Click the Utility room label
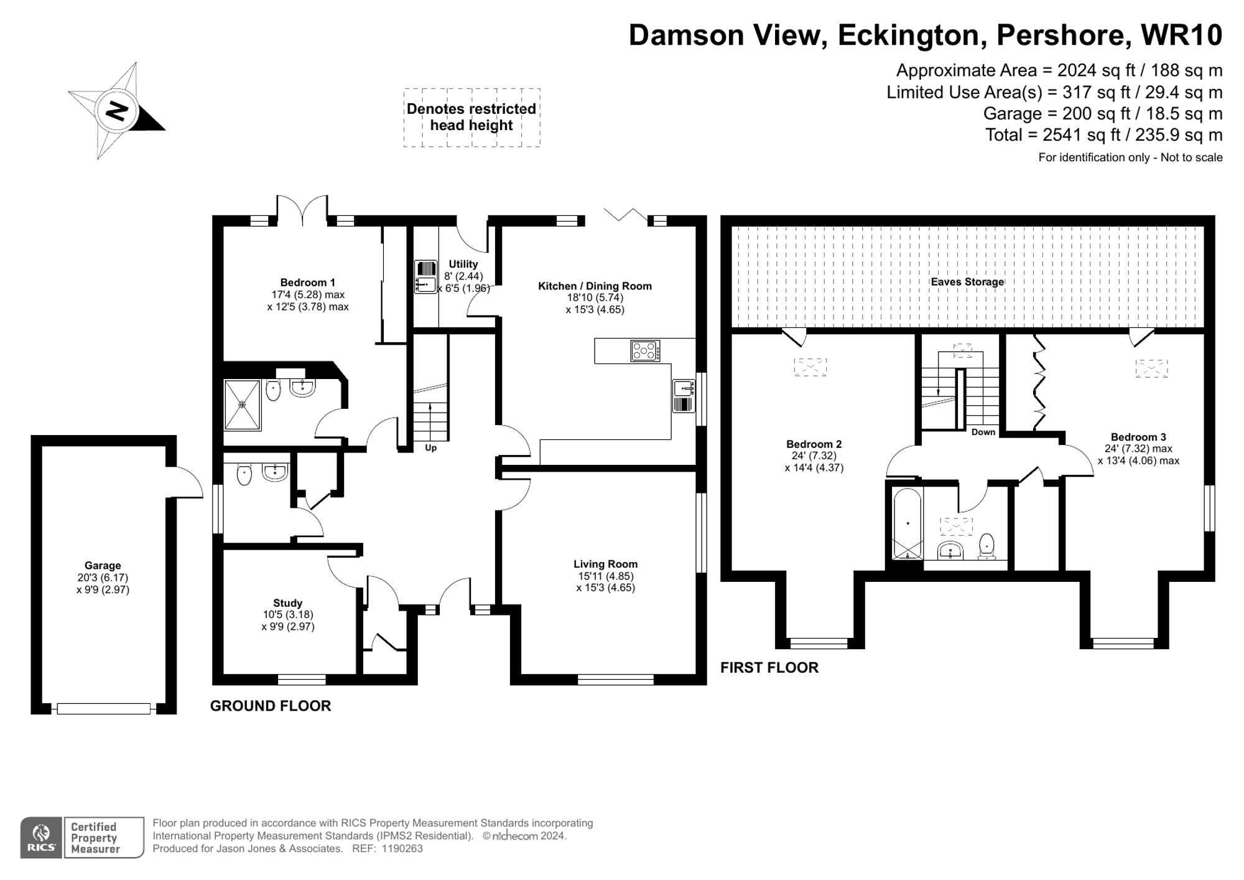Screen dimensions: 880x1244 (x=463, y=264)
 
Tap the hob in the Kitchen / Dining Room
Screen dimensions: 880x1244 (x=645, y=351)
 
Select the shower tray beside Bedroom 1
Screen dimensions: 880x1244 (x=243, y=405)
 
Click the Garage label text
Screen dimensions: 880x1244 (x=103, y=566)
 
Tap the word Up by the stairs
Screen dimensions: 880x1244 (x=430, y=447)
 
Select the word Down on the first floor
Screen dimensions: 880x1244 (x=983, y=432)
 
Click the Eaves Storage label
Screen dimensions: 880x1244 (x=967, y=282)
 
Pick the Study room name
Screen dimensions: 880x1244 (x=287, y=603)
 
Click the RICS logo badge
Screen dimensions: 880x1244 (x=41, y=838)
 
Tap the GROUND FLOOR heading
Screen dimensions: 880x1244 (x=270, y=706)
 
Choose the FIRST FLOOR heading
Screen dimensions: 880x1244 (x=769, y=668)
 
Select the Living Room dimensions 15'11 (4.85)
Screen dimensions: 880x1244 (x=605, y=576)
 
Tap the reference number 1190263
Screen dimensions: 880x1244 (x=402, y=848)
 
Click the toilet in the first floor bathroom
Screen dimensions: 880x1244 (x=986, y=545)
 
